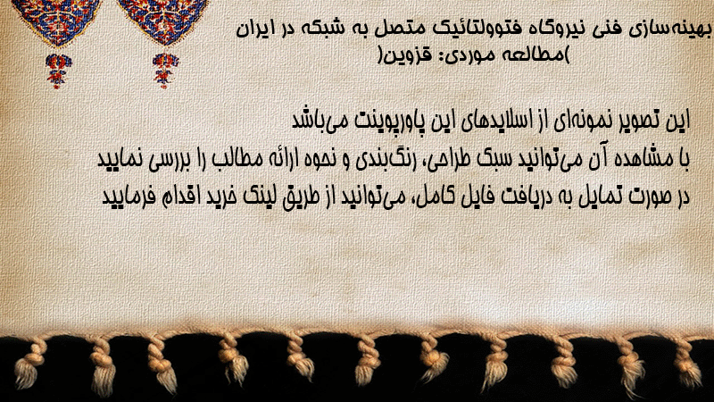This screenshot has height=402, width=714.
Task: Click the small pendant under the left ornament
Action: click(58, 71)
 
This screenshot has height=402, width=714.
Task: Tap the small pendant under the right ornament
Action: click(165, 71)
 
